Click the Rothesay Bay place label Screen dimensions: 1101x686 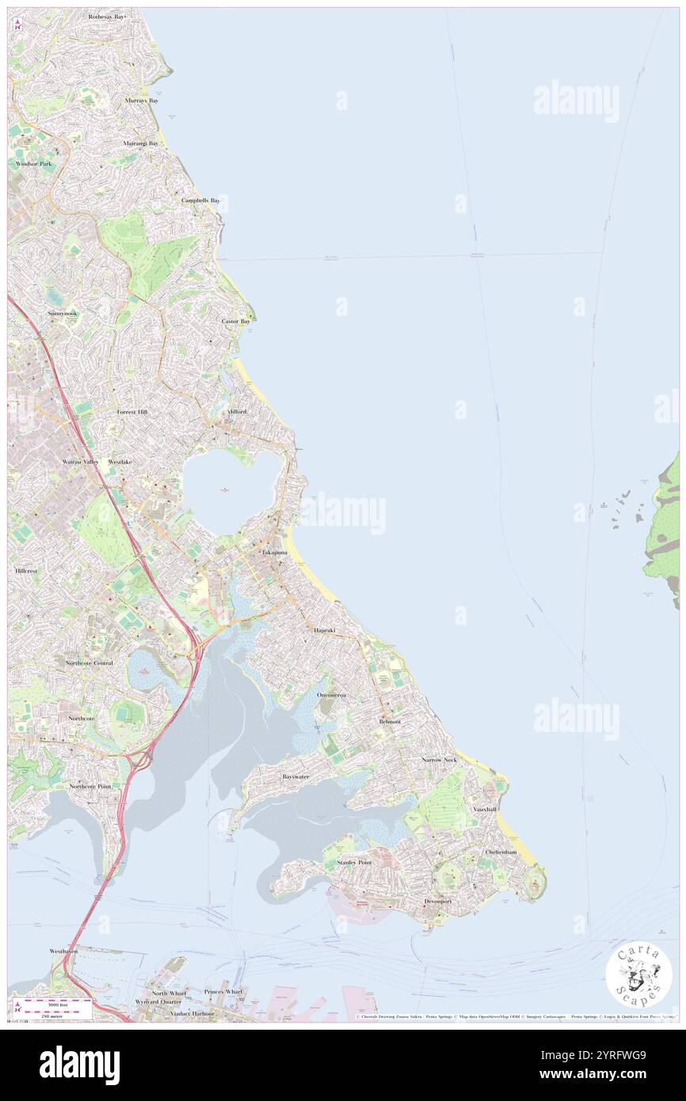coord(107,17)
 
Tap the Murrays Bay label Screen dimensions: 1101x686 coord(142,101)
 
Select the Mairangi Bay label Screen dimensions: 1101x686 coord(141,143)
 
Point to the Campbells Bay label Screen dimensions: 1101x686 coord(200,200)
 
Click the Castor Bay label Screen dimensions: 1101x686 coord(235,322)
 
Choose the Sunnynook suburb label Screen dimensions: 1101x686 coord(63,314)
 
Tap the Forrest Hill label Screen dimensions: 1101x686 coord(132,413)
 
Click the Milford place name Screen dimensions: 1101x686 coord(237,412)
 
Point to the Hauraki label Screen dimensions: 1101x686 coord(324,630)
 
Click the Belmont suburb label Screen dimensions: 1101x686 coord(390,722)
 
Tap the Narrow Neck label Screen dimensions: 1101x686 coord(440,760)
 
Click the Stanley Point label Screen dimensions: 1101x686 coord(354,862)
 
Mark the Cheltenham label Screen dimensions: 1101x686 coord(501,852)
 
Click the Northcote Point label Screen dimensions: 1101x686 coord(90,786)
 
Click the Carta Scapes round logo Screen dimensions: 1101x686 coord(638,976)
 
